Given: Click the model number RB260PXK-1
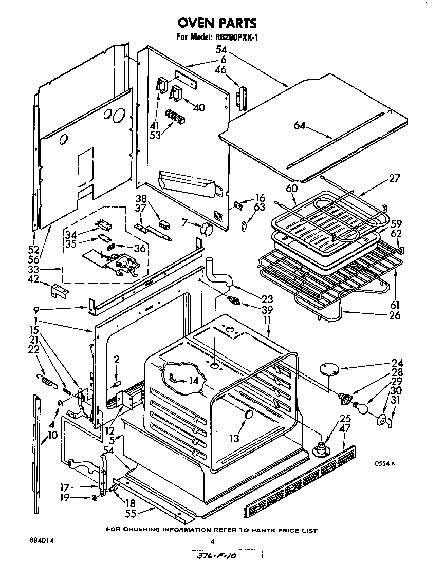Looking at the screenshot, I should click(x=231, y=37).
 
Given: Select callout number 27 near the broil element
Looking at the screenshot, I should click(x=394, y=178).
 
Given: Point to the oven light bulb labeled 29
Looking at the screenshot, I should click(x=363, y=407).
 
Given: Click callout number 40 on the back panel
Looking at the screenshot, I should click(x=198, y=107).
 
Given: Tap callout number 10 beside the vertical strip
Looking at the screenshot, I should click(x=52, y=436).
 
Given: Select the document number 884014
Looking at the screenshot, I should click(x=42, y=540).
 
